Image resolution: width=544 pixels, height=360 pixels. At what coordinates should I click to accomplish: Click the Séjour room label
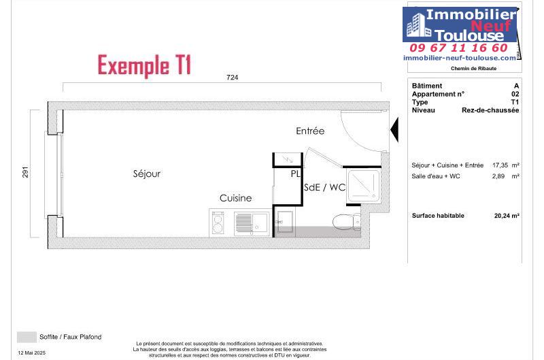[147, 174]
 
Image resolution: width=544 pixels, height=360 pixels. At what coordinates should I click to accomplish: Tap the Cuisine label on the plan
[235, 198]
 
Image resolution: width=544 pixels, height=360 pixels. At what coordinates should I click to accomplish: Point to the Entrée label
[310, 131]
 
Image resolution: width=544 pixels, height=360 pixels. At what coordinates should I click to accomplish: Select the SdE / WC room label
[325, 187]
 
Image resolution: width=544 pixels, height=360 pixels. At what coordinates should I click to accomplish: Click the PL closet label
[296, 174]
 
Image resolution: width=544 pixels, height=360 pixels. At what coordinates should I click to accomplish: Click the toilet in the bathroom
[347, 221]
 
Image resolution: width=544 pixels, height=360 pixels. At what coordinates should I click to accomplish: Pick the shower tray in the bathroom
[363, 186]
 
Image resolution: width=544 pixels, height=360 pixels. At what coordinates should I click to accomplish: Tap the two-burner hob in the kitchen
[218, 223]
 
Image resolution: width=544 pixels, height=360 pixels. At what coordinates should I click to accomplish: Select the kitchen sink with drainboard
[252, 223]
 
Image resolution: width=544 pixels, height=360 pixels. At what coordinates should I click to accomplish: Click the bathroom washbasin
[285, 221]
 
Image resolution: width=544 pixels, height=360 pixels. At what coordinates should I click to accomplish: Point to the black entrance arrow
[394, 129]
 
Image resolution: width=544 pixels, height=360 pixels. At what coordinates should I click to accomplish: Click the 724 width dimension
[232, 78]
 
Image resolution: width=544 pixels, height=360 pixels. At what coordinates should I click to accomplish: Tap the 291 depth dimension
[25, 172]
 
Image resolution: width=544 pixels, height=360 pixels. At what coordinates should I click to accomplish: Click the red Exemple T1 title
[144, 65]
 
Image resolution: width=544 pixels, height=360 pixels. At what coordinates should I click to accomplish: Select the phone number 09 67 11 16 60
[458, 48]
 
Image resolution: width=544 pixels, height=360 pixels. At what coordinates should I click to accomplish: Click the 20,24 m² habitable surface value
[507, 216]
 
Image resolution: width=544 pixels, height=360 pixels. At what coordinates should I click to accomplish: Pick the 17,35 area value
[500, 165]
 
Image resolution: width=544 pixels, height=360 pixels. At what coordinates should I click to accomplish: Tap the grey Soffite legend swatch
[27, 337]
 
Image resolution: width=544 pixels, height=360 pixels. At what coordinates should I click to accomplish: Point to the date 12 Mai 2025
[31, 353]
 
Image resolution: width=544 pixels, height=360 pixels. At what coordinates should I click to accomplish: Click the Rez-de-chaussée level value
[490, 110]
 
